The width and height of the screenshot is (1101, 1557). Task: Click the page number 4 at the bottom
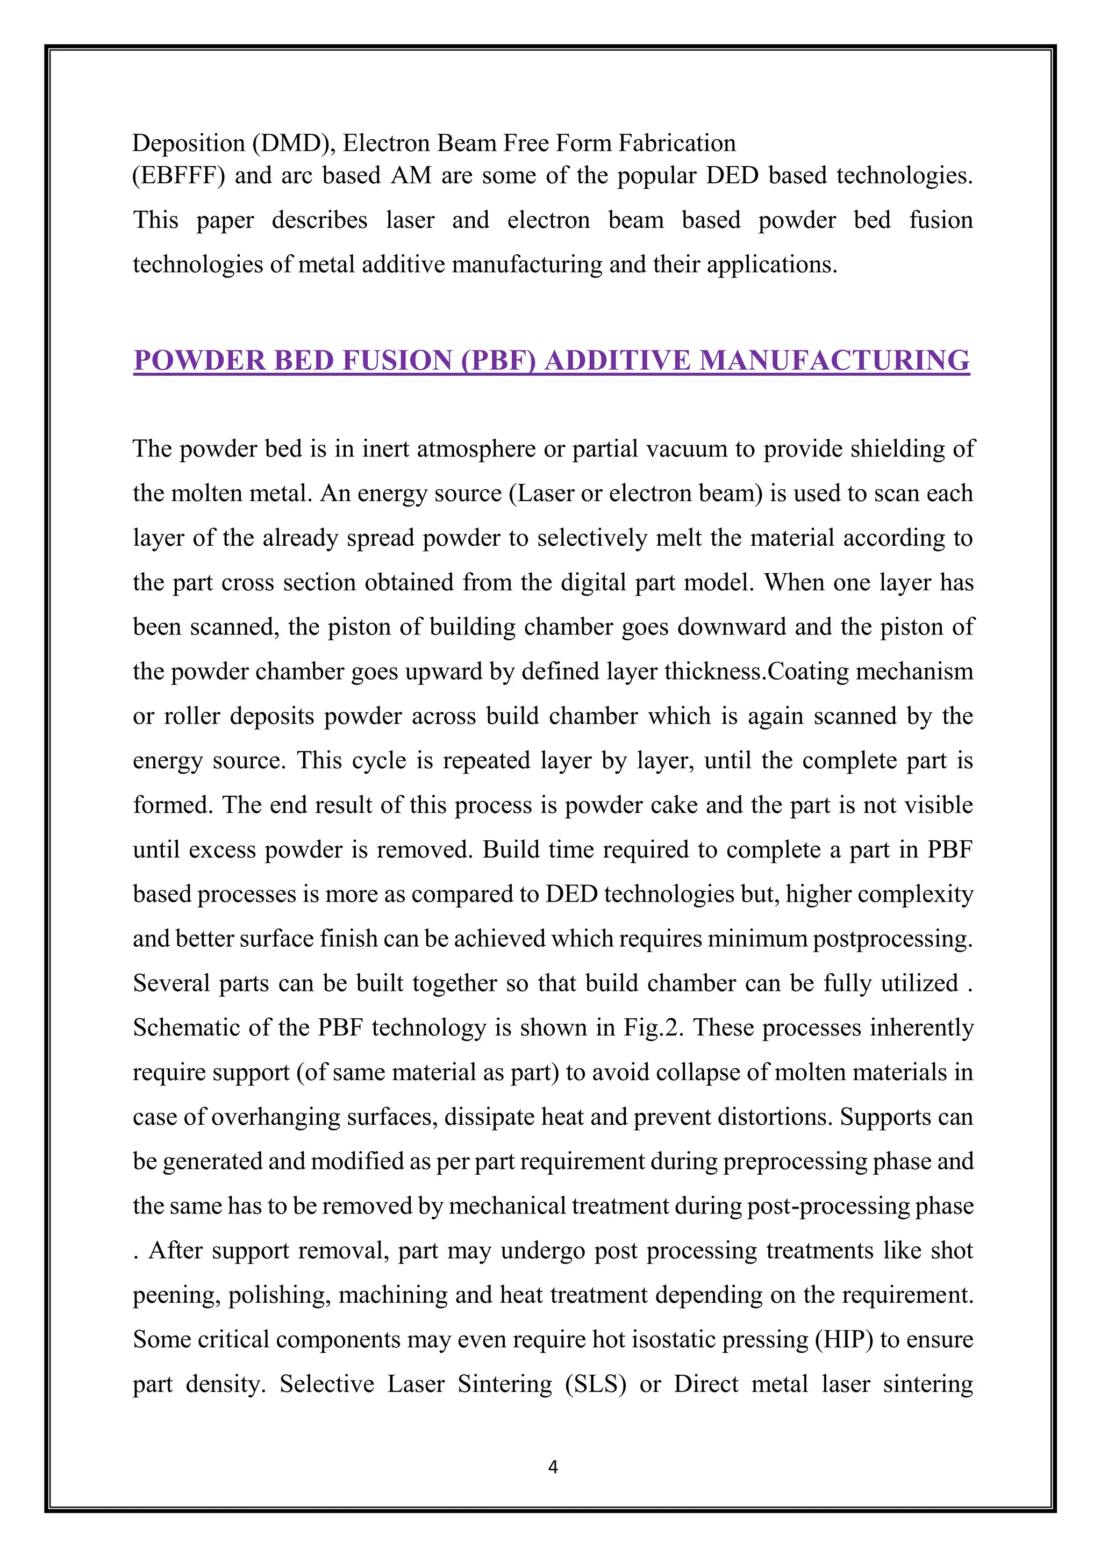(553, 1467)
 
